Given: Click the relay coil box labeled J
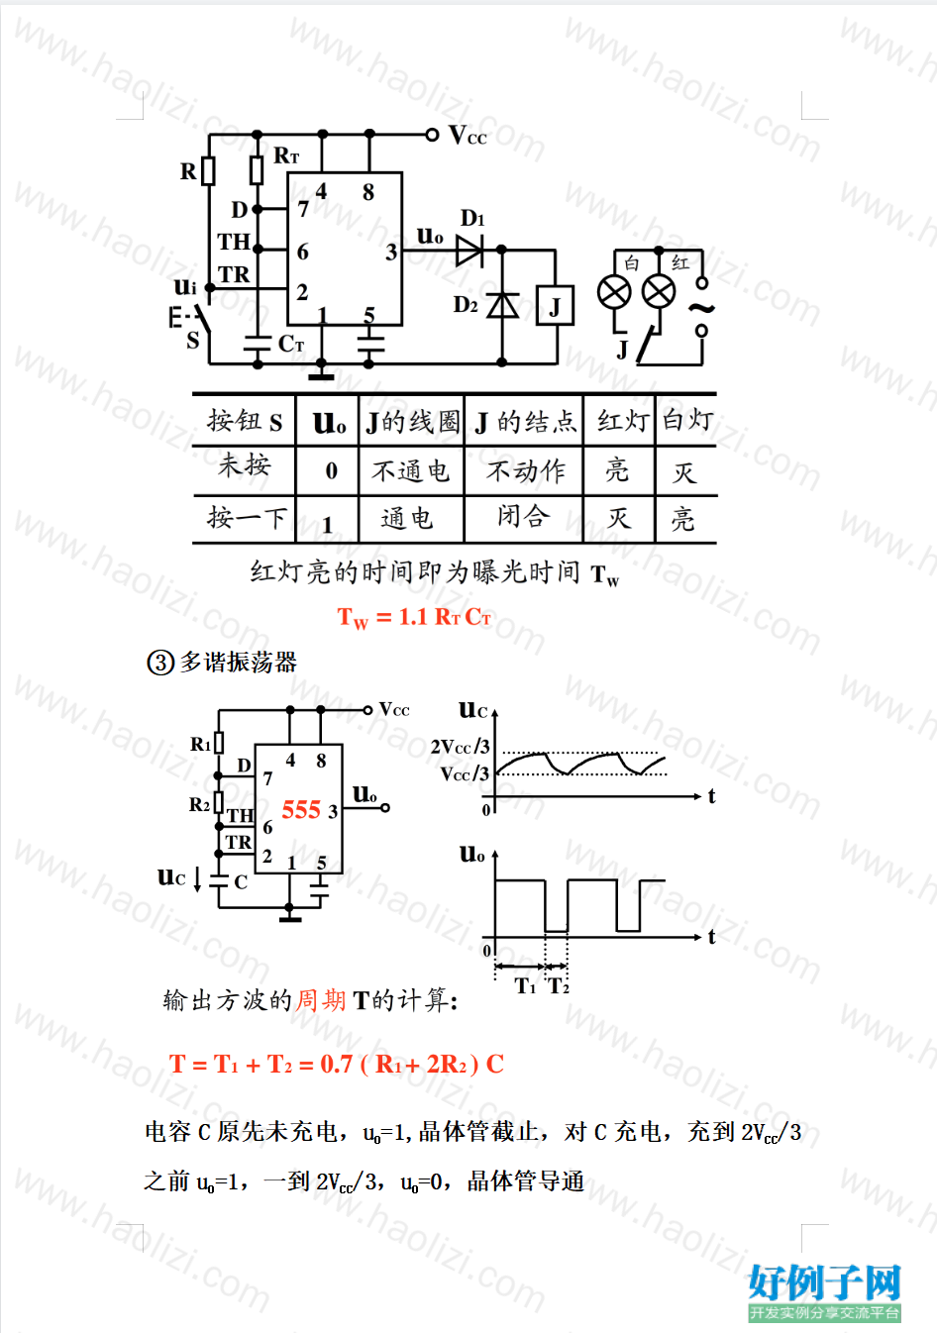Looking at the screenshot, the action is pyautogui.click(x=555, y=305).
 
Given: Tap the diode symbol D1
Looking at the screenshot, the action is pyautogui.click(x=469, y=251).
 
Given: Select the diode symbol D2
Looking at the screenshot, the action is pyautogui.click(x=502, y=305).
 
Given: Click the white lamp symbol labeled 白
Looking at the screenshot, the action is pyautogui.click(x=614, y=292).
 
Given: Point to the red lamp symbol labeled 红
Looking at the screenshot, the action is pyautogui.click(x=659, y=291).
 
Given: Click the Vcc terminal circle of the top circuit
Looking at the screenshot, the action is pyautogui.click(x=432, y=135).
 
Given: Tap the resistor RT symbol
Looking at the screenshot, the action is pyautogui.click(x=257, y=170).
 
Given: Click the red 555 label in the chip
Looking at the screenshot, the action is pyautogui.click(x=301, y=810).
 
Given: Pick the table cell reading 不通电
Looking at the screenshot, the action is pyautogui.click(x=410, y=471).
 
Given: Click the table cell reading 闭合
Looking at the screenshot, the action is pyautogui.click(x=523, y=516).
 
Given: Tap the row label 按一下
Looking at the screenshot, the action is pyautogui.click(x=247, y=518).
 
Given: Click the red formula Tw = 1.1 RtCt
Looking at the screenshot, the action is pyautogui.click(x=414, y=617).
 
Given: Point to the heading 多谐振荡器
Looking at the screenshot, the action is pyautogui.click(x=238, y=663).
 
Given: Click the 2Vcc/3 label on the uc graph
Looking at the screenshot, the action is pyautogui.click(x=461, y=747).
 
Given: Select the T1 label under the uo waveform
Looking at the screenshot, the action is pyautogui.click(x=525, y=986).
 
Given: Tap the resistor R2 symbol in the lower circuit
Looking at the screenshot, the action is pyautogui.click(x=219, y=803).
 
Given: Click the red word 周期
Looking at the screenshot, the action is pyautogui.click(x=321, y=1000).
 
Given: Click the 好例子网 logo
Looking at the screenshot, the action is pyautogui.click(x=824, y=1292).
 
